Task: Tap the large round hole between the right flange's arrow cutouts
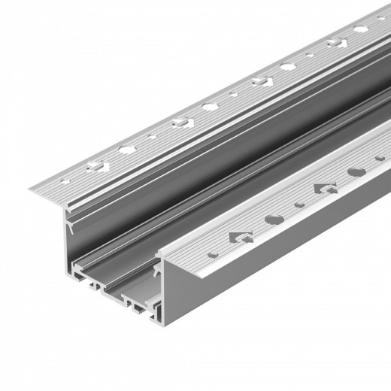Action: point(272,220)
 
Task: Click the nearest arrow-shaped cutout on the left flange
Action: point(95,165)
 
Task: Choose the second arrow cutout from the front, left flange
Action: point(180,122)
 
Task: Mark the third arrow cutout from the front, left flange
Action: point(262,80)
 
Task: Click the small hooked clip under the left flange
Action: point(68,223)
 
